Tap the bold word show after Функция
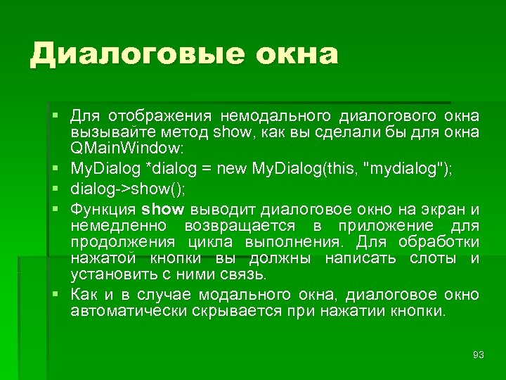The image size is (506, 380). tap(162, 209)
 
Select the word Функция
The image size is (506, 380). tap(103, 209)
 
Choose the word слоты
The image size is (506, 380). tap(434, 258)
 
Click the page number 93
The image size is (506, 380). tap(479, 354)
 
